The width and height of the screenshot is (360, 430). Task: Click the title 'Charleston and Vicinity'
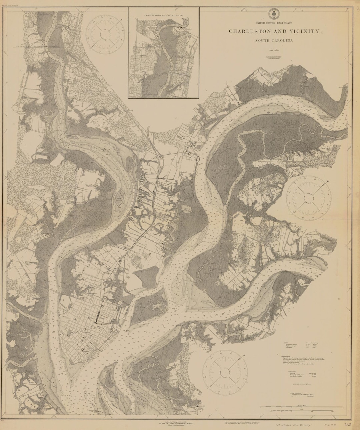(274, 31)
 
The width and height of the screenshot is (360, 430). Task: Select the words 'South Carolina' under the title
(274, 41)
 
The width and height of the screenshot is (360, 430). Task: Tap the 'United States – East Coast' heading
(274, 23)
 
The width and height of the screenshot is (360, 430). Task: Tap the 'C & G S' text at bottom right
(329, 425)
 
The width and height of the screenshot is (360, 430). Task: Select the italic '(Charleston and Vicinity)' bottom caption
(293, 425)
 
